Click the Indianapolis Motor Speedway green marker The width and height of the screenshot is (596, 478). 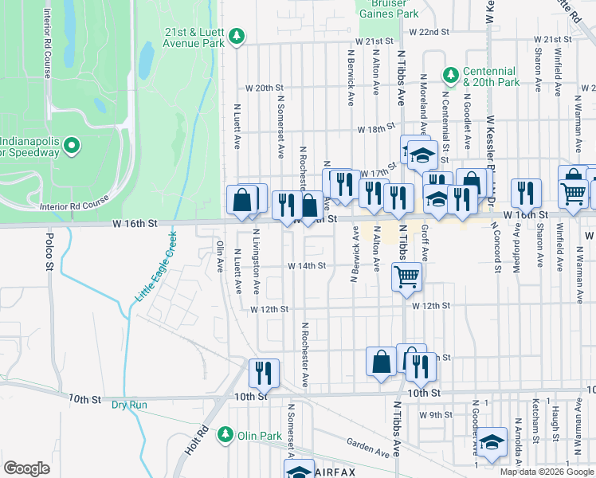tap(71, 145)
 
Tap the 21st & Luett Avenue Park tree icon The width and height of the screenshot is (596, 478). tap(237, 36)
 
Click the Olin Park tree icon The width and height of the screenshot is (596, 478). tap(225, 434)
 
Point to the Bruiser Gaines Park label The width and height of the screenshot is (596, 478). tap(389, 9)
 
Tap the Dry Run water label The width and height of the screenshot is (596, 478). tap(129, 405)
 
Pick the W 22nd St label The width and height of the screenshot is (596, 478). tap(429, 32)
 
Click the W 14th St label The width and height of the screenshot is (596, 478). tap(307, 266)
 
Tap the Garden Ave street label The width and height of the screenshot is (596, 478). tap(368, 448)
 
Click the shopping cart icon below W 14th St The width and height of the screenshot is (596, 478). tap(406, 276)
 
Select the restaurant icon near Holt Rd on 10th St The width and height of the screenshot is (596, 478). tap(264, 372)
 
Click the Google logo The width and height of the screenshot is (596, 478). tap(26, 468)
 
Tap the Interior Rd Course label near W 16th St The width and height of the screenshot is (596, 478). tap(73, 206)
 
